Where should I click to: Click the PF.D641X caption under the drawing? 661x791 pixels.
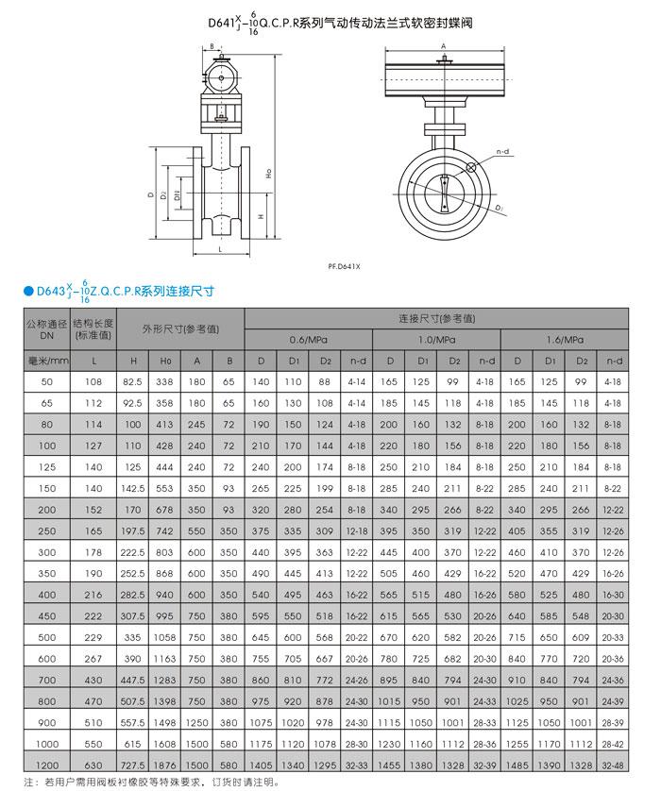click(345, 266)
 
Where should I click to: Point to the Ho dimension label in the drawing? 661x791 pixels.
click(268, 173)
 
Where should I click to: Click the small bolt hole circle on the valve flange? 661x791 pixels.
click(469, 168)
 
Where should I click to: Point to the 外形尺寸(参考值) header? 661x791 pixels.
click(180, 329)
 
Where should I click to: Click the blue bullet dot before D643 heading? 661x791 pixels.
click(15, 292)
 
